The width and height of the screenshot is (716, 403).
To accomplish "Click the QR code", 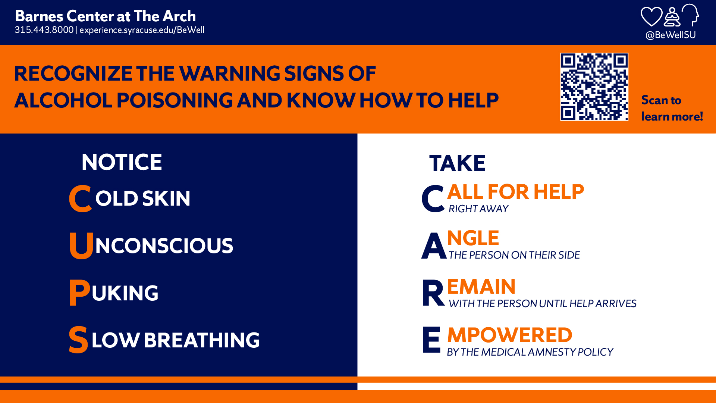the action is [x=594, y=87].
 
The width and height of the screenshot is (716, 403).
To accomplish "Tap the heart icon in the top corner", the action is [x=651, y=17].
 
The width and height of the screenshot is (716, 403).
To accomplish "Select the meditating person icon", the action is [x=672, y=17].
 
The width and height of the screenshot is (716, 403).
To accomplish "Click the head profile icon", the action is [x=690, y=15].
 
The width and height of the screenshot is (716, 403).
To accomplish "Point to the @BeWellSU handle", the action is [x=671, y=35].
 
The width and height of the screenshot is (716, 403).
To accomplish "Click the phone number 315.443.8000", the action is [x=44, y=30].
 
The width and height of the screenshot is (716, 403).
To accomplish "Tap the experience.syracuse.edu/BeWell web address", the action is [x=142, y=30].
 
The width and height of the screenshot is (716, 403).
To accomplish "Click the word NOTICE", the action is [x=122, y=162].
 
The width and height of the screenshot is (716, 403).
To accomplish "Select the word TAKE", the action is [x=457, y=163].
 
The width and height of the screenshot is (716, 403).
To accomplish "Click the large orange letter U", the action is [x=81, y=245].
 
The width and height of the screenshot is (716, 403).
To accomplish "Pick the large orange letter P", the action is [x=79, y=293].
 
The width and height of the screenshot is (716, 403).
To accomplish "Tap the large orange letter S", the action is [x=78, y=340].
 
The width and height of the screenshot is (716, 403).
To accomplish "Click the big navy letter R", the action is [x=433, y=293].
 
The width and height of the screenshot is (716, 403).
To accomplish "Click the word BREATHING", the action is [x=202, y=340].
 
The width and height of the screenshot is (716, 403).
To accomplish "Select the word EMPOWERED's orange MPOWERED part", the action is [x=509, y=335].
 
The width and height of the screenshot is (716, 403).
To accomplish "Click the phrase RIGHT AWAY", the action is [x=478, y=209].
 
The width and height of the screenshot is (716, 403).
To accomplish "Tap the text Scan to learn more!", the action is [x=672, y=108].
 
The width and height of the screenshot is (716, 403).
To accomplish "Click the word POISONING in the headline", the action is [x=175, y=100].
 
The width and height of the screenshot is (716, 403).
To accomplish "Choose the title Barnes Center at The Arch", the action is [x=106, y=16].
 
